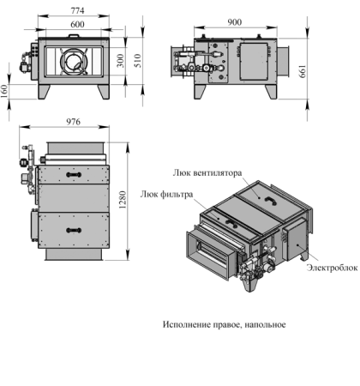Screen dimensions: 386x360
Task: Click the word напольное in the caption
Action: (265, 325)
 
